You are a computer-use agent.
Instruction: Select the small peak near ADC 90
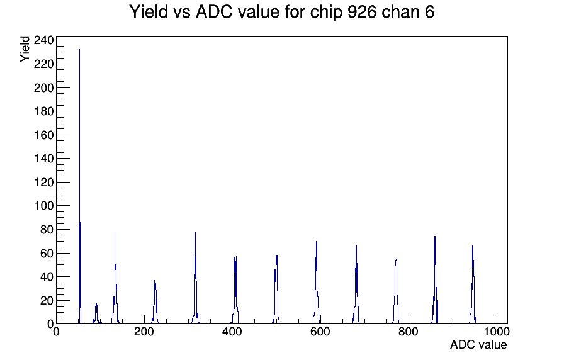coord(96,313)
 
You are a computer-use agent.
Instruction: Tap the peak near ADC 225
coord(155,302)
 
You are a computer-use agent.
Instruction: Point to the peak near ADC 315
coord(195,278)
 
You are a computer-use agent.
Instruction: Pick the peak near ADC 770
coord(396,291)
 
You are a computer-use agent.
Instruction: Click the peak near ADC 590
coord(317,283)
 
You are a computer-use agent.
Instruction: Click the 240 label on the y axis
coord(43,40)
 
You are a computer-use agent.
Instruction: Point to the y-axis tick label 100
coord(43,206)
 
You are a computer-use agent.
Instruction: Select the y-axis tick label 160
coord(43,135)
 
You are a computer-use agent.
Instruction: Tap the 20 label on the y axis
coord(47,301)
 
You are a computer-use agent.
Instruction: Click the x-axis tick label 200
coord(144,332)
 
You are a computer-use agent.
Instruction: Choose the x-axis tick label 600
coord(320,332)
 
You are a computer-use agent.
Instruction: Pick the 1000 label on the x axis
coord(496,332)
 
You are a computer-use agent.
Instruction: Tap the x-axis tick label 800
coord(409,332)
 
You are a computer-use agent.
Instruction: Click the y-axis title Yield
coord(25,49)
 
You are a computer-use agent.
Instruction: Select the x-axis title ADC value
coord(478,345)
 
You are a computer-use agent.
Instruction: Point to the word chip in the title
coord(326,13)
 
